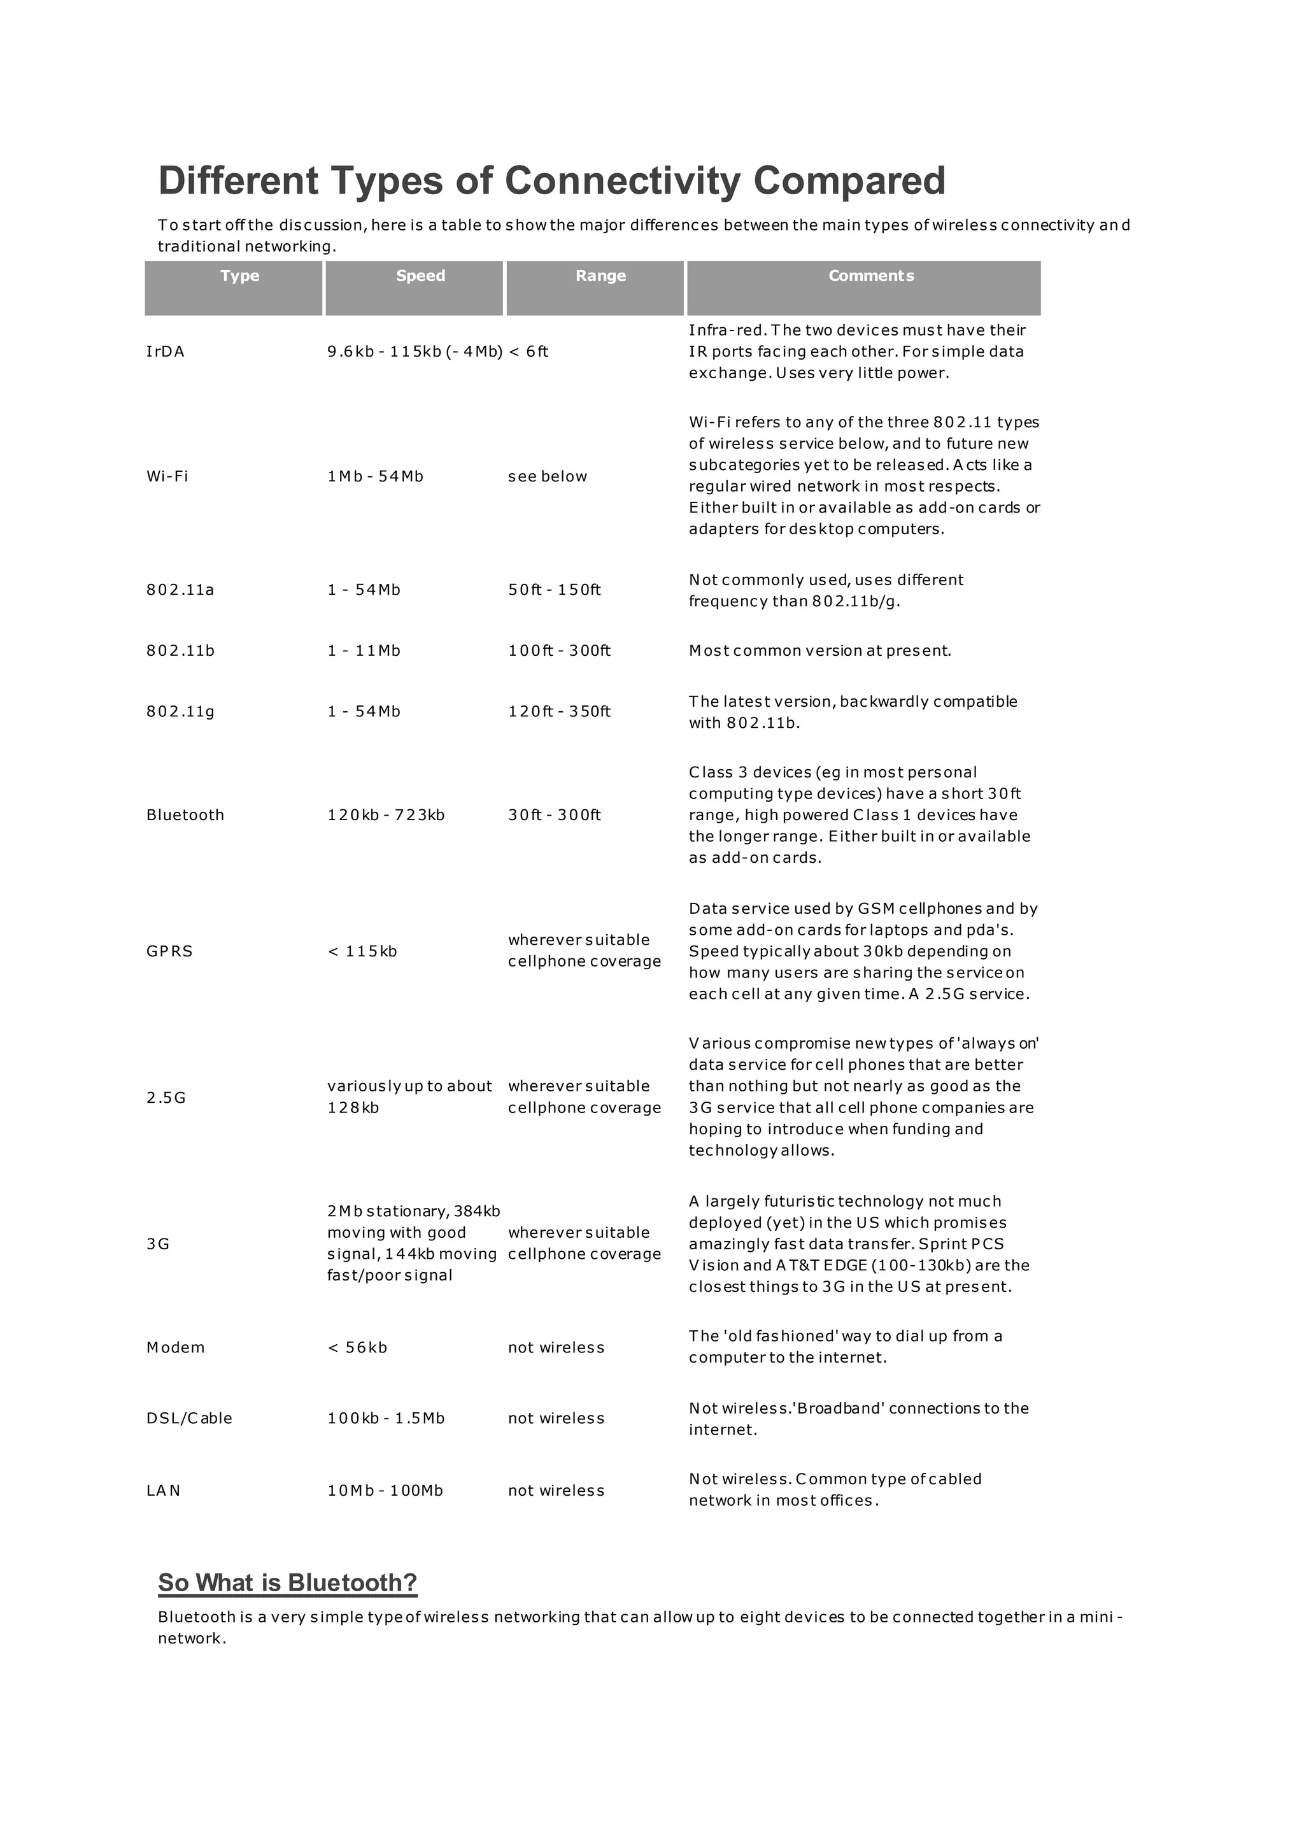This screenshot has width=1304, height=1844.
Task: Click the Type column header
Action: point(239,276)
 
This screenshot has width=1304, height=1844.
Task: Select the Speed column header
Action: point(420,276)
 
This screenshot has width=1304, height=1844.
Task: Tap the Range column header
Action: point(600,276)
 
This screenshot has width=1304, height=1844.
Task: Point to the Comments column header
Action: point(871,276)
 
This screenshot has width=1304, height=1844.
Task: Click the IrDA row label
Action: point(166,351)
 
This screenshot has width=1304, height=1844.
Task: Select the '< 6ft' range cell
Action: point(528,351)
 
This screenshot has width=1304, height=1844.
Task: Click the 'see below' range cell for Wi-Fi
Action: point(548,476)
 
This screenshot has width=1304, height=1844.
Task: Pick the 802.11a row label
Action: point(180,590)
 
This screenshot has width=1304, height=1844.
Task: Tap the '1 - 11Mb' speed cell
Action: point(364,651)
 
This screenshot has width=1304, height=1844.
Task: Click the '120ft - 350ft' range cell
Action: point(560,712)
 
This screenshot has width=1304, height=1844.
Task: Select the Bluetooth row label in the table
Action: point(185,815)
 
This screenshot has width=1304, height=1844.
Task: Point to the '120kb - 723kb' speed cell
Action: point(386,815)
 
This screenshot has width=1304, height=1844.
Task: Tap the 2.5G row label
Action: point(166,1098)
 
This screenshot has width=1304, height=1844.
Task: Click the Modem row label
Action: point(176,1348)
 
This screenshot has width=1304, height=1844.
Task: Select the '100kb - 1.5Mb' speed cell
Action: point(386,1418)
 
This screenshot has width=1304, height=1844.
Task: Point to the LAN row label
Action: point(163,1491)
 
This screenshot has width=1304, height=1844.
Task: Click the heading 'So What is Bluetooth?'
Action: point(287,1583)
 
